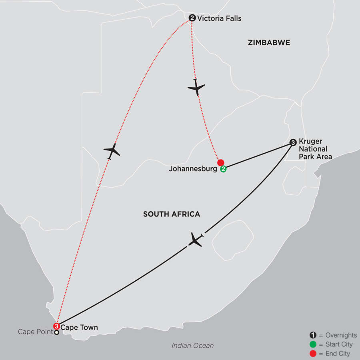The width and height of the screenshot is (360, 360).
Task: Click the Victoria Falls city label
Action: tap(220, 18)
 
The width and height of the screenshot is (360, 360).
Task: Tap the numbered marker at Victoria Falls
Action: tap(192, 18)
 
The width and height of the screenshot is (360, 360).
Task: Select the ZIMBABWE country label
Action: tap(269, 42)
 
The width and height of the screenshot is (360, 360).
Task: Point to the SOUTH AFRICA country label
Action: tap(171, 214)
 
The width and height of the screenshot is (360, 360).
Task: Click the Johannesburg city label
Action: tap(193, 169)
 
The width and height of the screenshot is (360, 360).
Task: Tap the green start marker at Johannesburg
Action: tap(223, 169)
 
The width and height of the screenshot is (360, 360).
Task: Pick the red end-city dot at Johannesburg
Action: tap(220, 163)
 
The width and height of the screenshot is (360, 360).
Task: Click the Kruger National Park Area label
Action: tap(315, 149)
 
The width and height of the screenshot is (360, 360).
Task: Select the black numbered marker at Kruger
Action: tap(293, 142)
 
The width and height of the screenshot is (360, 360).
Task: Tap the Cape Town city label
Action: tap(79, 327)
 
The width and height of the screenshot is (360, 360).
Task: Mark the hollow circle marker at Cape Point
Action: tap(57, 332)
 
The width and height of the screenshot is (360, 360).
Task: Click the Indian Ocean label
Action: tap(192, 345)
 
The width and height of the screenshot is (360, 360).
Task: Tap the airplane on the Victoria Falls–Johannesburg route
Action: tap(196, 87)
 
